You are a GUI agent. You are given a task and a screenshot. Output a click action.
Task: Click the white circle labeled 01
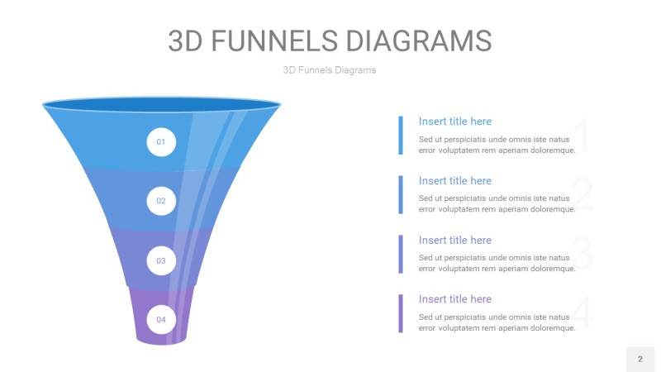coord(161,142)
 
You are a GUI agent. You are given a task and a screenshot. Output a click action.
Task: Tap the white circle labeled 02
coord(161,201)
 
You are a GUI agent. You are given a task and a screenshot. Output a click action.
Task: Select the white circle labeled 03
coord(161,260)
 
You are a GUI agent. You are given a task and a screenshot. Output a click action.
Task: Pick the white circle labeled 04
coord(161,319)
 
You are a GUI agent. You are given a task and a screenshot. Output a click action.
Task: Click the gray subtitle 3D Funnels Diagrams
coord(330,70)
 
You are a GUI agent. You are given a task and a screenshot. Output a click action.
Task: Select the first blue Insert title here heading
coord(454,122)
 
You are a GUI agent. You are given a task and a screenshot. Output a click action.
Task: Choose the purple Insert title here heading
coord(454,299)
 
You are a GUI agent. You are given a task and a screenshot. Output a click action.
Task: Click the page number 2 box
coord(640,359)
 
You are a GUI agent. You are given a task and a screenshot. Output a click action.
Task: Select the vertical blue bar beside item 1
coord(401,136)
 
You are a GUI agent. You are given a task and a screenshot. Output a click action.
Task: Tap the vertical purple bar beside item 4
coord(401,313)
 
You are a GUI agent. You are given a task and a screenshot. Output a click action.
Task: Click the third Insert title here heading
coord(454,240)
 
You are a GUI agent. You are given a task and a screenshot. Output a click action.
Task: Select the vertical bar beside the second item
coord(401,195)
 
